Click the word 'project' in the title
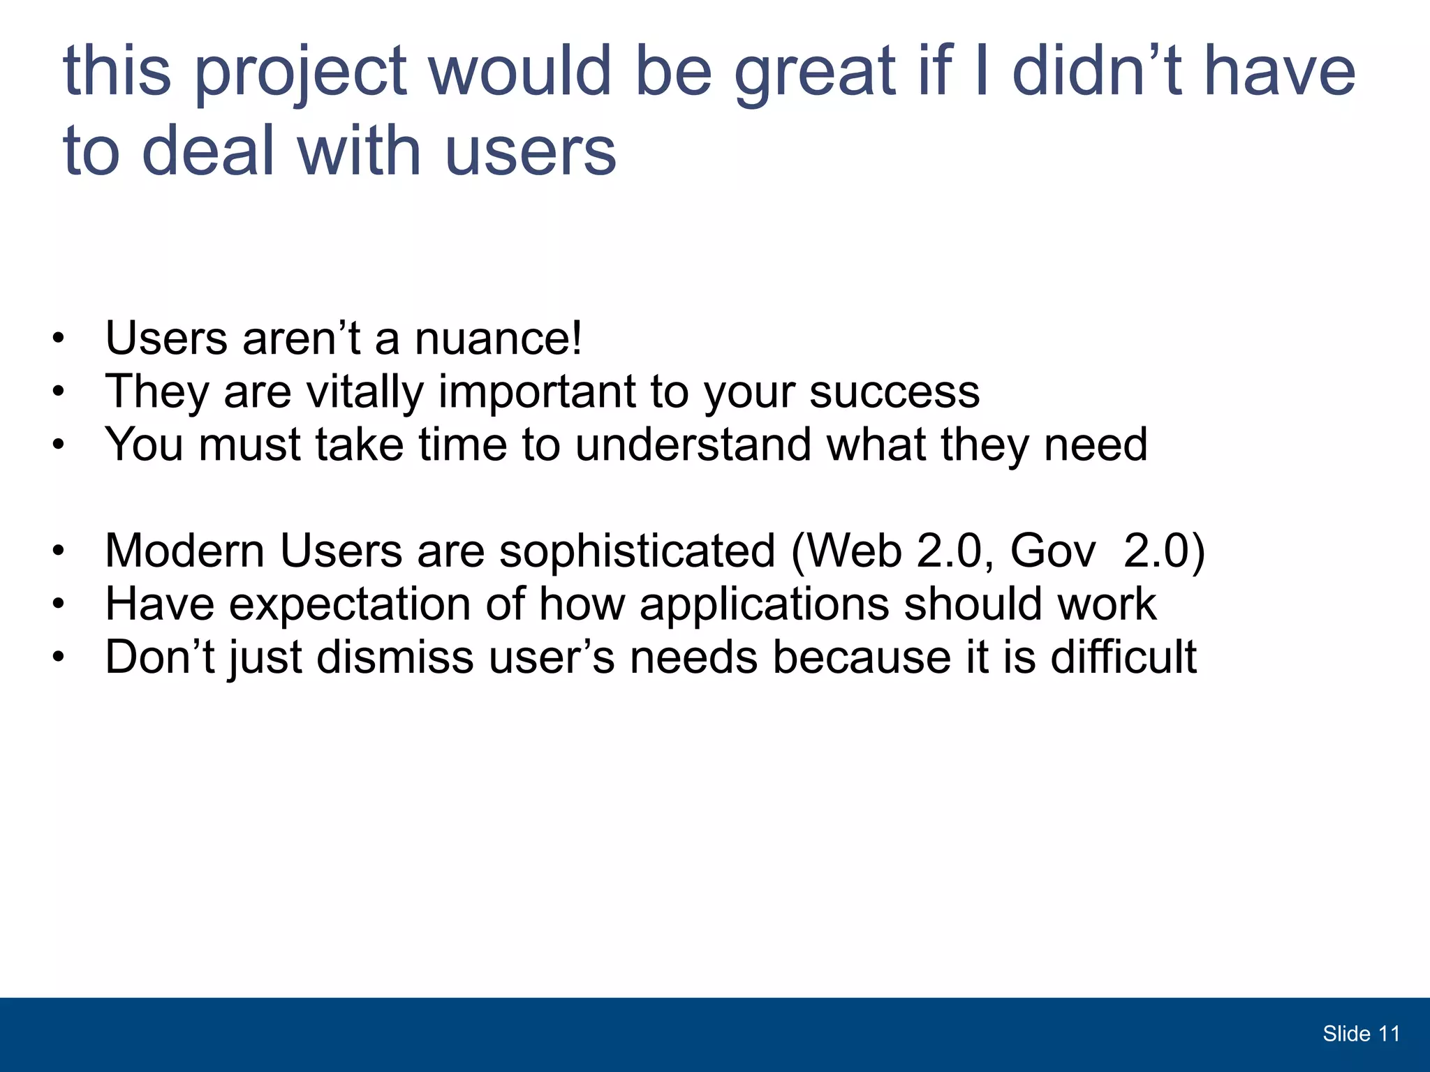point(300,73)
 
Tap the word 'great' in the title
point(814,73)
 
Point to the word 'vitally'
point(365,392)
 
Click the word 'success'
point(894,392)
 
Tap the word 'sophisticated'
point(637,551)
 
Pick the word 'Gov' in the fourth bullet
point(1053,551)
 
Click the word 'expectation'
point(350,604)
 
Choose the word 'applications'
point(764,604)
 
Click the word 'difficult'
point(1123,657)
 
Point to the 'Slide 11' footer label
point(1361,1034)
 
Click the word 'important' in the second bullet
point(536,392)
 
